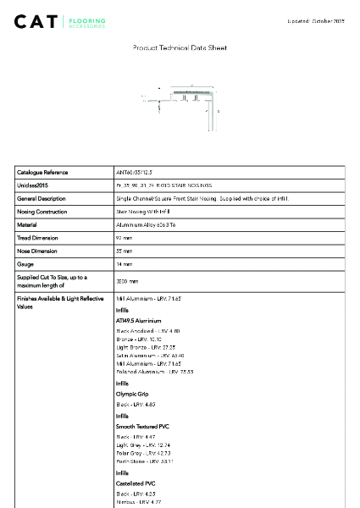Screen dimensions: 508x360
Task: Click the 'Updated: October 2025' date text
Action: coord(316,19)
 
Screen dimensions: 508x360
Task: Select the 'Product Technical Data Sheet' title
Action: coord(180,48)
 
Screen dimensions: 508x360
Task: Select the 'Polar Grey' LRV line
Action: coord(143,453)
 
